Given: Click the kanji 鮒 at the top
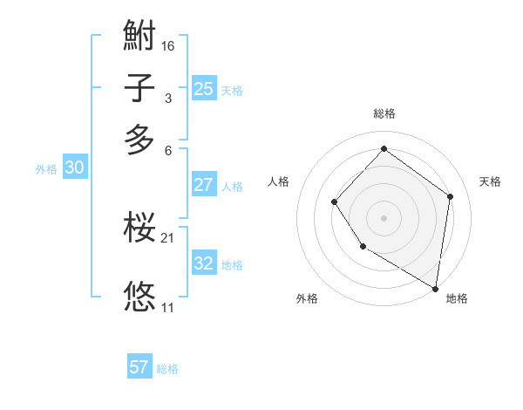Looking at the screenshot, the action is (x=139, y=38).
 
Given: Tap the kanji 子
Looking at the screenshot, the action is (x=139, y=89).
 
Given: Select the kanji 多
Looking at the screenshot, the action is (x=139, y=140).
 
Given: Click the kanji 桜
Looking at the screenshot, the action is (x=139, y=229).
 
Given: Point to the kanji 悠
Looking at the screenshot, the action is (x=139, y=297).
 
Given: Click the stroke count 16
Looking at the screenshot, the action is (x=168, y=45).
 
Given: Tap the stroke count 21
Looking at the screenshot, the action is (x=168, y=237).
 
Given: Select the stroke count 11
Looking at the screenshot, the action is (x=168, y=307).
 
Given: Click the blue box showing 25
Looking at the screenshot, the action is (x=203, y=88).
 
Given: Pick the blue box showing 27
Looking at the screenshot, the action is (x=203, y=185).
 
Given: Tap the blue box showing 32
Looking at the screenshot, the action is (x=203, y=263).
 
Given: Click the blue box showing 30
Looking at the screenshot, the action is (x=74, y=168).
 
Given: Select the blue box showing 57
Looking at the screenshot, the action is (x=139, y=367).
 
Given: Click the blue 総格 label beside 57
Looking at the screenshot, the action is (x=167, y=369).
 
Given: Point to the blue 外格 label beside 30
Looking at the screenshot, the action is (x=46, y=170).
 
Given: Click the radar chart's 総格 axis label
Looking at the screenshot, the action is (x=384, y=113).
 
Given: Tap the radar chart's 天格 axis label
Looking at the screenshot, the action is (x=490, y=181).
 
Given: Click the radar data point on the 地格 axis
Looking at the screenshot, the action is (x=436, y=288).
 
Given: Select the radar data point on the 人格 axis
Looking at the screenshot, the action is (x=334, y=202).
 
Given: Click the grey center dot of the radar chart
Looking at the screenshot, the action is (x=384, y=218).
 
